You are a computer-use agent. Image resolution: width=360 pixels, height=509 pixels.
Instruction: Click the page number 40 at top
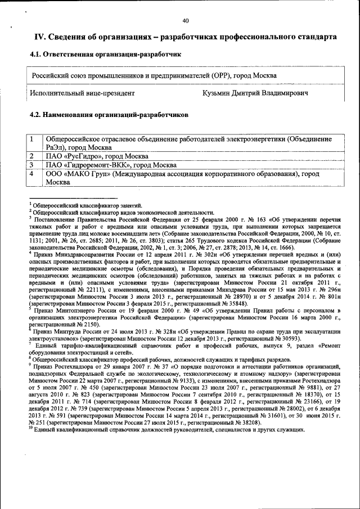(186, 21)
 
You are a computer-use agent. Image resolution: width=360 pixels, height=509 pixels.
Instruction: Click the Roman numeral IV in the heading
(40, 37)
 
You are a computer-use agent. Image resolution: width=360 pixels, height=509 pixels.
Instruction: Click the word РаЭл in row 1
(55, 147)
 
